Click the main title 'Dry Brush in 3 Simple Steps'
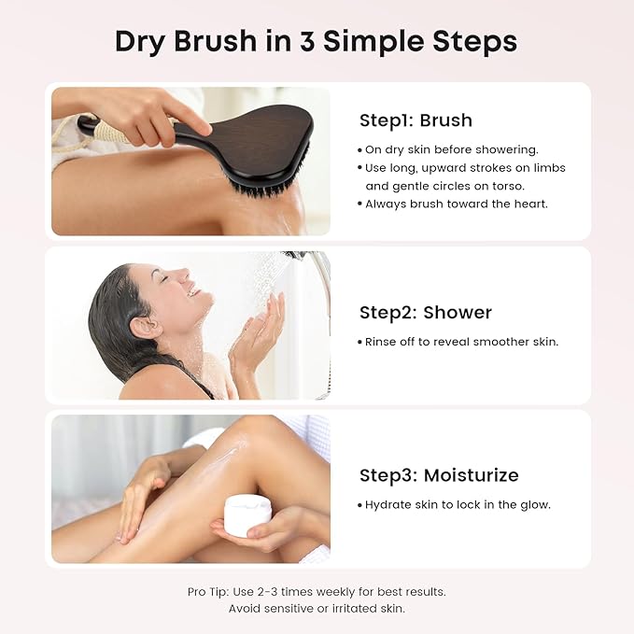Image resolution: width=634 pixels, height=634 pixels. [x=316, y=42]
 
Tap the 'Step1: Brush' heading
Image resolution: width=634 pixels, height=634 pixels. [x=416, y=120]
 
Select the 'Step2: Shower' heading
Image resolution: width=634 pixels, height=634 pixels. [x=425, y=312]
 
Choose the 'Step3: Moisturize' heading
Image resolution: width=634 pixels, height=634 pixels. [x=438, y=475]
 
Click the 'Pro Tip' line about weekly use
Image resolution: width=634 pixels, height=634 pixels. [x=316, y=592]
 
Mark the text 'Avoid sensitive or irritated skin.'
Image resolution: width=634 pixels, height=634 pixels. [x=316, y=608]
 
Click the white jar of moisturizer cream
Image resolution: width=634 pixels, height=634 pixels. [x=248, y=515]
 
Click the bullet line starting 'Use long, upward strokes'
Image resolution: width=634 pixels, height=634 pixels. [x=464, y=168]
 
